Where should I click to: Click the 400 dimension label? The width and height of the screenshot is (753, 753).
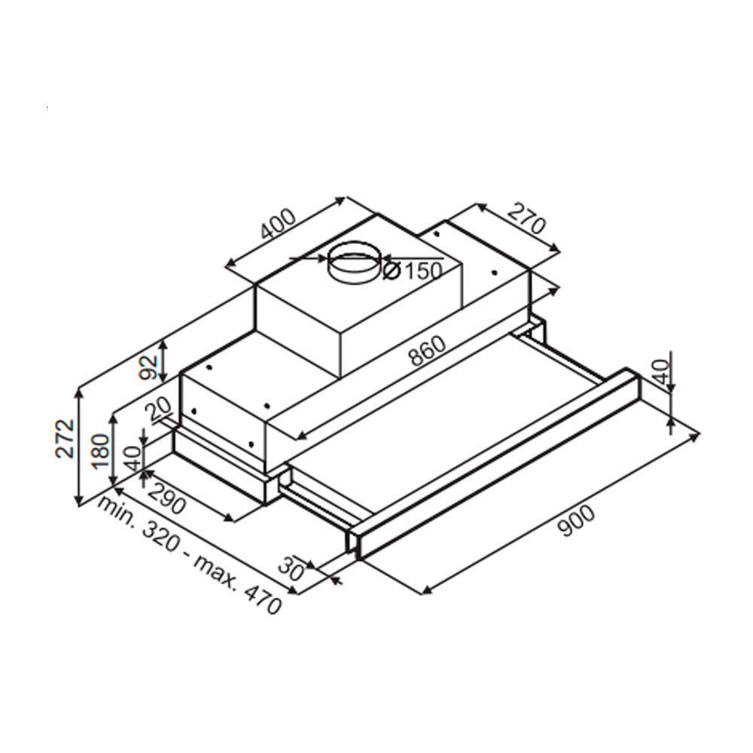278,224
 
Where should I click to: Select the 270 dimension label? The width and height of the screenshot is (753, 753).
527,218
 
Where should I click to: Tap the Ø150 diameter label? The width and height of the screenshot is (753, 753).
412,271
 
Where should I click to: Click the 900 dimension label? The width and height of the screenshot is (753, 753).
577,521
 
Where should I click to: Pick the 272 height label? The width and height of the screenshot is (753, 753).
65,438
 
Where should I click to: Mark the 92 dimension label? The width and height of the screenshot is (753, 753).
151,367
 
